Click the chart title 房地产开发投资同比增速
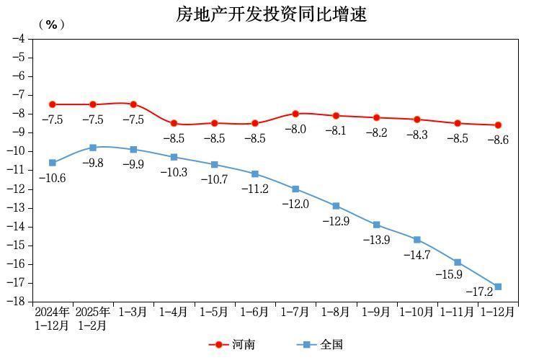coord(272,14)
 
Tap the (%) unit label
coord(51,24)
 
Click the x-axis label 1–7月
coord(295,312)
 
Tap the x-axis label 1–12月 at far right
coord(497,312)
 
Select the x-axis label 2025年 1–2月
coord(93,318)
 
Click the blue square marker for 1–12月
coord(498,287)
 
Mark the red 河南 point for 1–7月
coord(295,114)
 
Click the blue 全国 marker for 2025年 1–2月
coord(93,148)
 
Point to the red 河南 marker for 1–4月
coord(174,123)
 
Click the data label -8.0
coord(295,130)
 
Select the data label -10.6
coord(53,177)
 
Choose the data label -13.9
coord(377,239)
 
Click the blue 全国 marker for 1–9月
coord(377,225)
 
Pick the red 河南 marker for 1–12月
coord(498,125)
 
